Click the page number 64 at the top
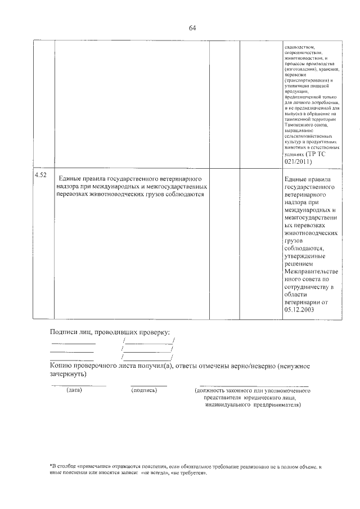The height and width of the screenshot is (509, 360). click(192, 28)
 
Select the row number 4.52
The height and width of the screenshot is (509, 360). click(40, 175)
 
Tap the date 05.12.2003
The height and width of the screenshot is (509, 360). click(299, 309)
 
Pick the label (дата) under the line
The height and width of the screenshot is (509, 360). click(74, 389)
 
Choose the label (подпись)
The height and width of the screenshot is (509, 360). click(143, 389)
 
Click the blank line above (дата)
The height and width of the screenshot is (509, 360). click(78, 385)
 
